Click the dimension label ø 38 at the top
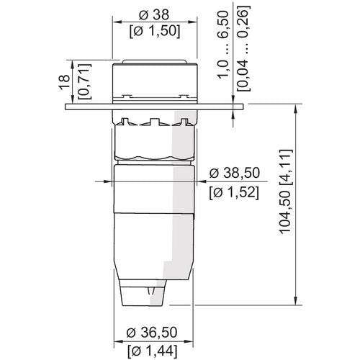154,15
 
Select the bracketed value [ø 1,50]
155,32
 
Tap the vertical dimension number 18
65,82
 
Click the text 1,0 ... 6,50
223,45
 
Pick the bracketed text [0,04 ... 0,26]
243,48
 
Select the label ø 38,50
235,173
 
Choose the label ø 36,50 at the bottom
152,333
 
